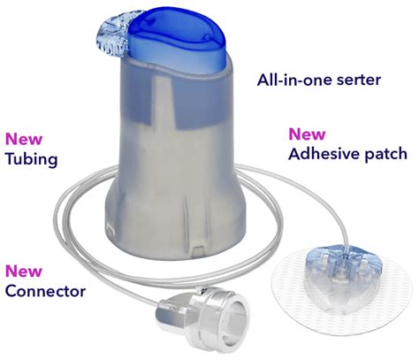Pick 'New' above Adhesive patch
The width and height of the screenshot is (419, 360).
[x=307, y=134]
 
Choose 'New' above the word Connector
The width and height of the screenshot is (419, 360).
[x=23, y=272]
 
